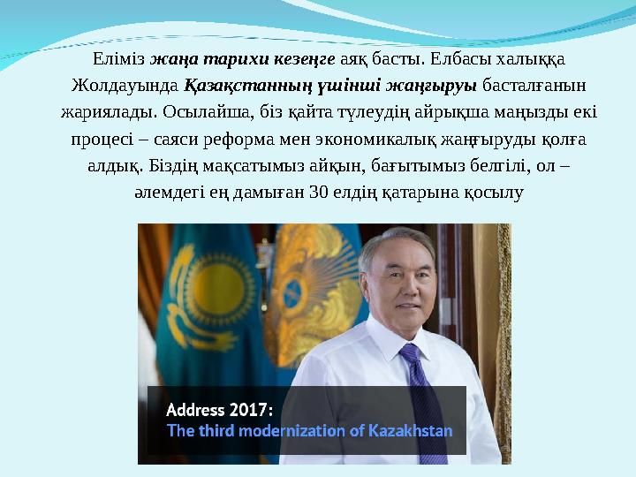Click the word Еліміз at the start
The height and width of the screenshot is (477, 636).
[x=118, y=60]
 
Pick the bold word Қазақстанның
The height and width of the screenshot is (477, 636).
[x=239, y=87]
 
